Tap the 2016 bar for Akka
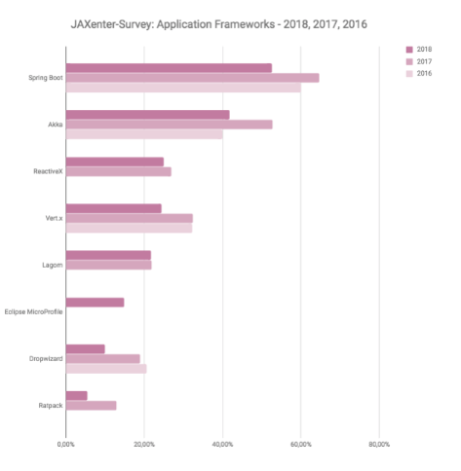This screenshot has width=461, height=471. point(144,134)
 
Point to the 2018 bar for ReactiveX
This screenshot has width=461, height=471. point(115,162)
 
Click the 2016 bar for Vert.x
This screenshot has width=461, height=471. point(129,228)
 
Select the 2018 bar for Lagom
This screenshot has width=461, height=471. point(108,255)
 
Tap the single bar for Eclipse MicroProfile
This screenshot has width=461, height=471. point(96,303)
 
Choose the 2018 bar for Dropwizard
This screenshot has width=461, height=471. point(86,348)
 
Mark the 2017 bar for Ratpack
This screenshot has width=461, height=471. point(92,405)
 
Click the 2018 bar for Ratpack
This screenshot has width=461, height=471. point(77,395)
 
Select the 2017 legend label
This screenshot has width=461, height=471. point(424,61)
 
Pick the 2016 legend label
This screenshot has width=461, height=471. point(424,74)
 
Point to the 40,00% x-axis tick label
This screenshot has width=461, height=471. point(222,445)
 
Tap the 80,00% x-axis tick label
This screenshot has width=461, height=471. point(378,445)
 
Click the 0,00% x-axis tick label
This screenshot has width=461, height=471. point(66,445)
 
